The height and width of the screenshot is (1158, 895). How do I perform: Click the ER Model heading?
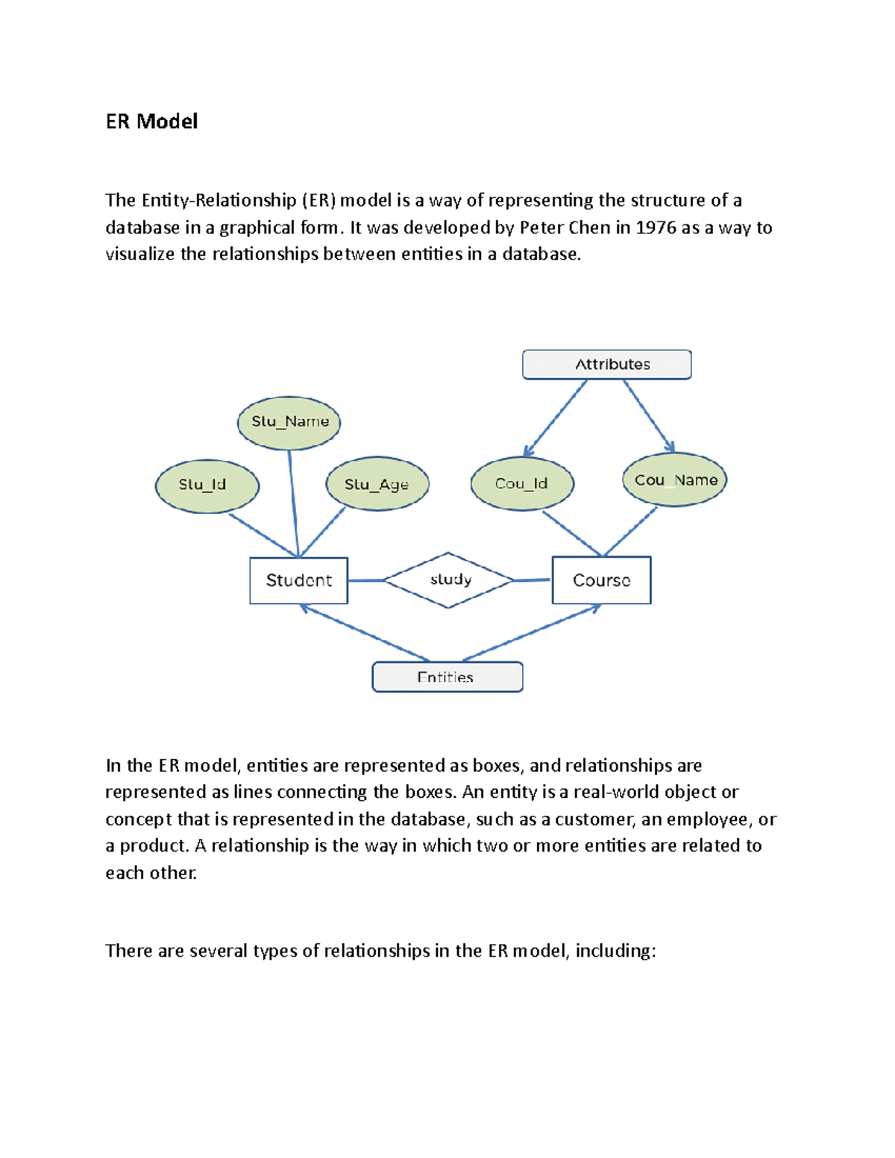[x=151, y=122]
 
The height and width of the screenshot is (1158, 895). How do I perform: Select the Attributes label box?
[x=606, y=365]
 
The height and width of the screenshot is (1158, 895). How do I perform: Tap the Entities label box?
[x=447, y=677]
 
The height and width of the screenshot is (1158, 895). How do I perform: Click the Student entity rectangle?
[x=298, y=580]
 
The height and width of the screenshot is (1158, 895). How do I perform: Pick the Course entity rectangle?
[x=601, y=580]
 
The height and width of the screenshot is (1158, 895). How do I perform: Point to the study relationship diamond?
[x=448, y=580]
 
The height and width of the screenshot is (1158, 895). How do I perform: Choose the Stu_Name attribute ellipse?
[x=289, y=422]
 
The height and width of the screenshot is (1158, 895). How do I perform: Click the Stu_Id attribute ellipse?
[x=207, y=485]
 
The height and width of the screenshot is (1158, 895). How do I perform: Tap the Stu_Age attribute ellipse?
[x=377, y=484]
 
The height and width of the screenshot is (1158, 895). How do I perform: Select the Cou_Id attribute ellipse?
[x=522, y=484]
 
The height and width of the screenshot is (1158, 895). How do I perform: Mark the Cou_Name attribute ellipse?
[x=674, y=480]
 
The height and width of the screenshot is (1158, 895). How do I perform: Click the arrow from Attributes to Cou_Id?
[x=556, y=418]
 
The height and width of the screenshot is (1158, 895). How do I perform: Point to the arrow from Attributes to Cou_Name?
[x=649, y=415]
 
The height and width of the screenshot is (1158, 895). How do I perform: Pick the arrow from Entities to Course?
[x=532, y=633]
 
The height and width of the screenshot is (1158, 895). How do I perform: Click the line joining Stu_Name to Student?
[x=294, y=503]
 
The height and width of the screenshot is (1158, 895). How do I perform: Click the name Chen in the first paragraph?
[x=589, y=227]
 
